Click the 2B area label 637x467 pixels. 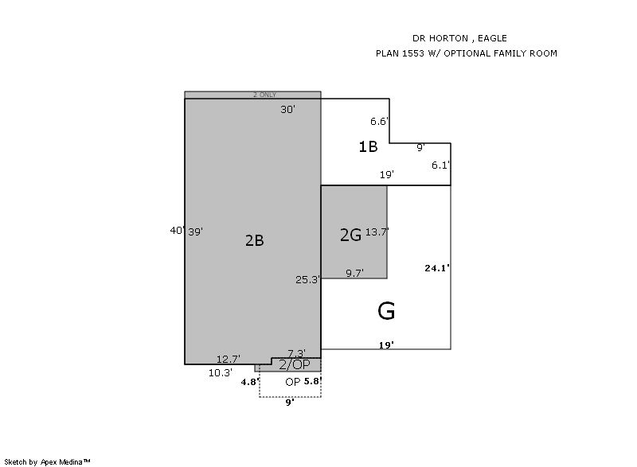(255, 240)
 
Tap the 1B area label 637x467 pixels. (368, 146)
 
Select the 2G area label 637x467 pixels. (350, 235)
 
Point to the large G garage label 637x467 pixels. (386, 311)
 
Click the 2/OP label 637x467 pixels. (295, 364)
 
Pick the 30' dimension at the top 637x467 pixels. (287, 110)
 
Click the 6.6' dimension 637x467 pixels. (380, 121)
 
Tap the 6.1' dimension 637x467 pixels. (441, 165)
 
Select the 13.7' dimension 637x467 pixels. (377, 232)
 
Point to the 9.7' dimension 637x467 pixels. (354, 274)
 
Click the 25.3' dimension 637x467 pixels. (307, 279)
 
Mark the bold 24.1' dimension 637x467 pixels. (437, 268)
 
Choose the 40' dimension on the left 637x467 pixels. (178, 231)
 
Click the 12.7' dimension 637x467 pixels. (229, 359)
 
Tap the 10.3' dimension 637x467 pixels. (221, 373)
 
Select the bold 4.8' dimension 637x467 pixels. (250, 382)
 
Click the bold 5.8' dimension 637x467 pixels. (313, 381)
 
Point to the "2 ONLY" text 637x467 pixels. (264, 95)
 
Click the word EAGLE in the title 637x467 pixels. (492, 38)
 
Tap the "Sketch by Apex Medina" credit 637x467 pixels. (47, 461)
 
